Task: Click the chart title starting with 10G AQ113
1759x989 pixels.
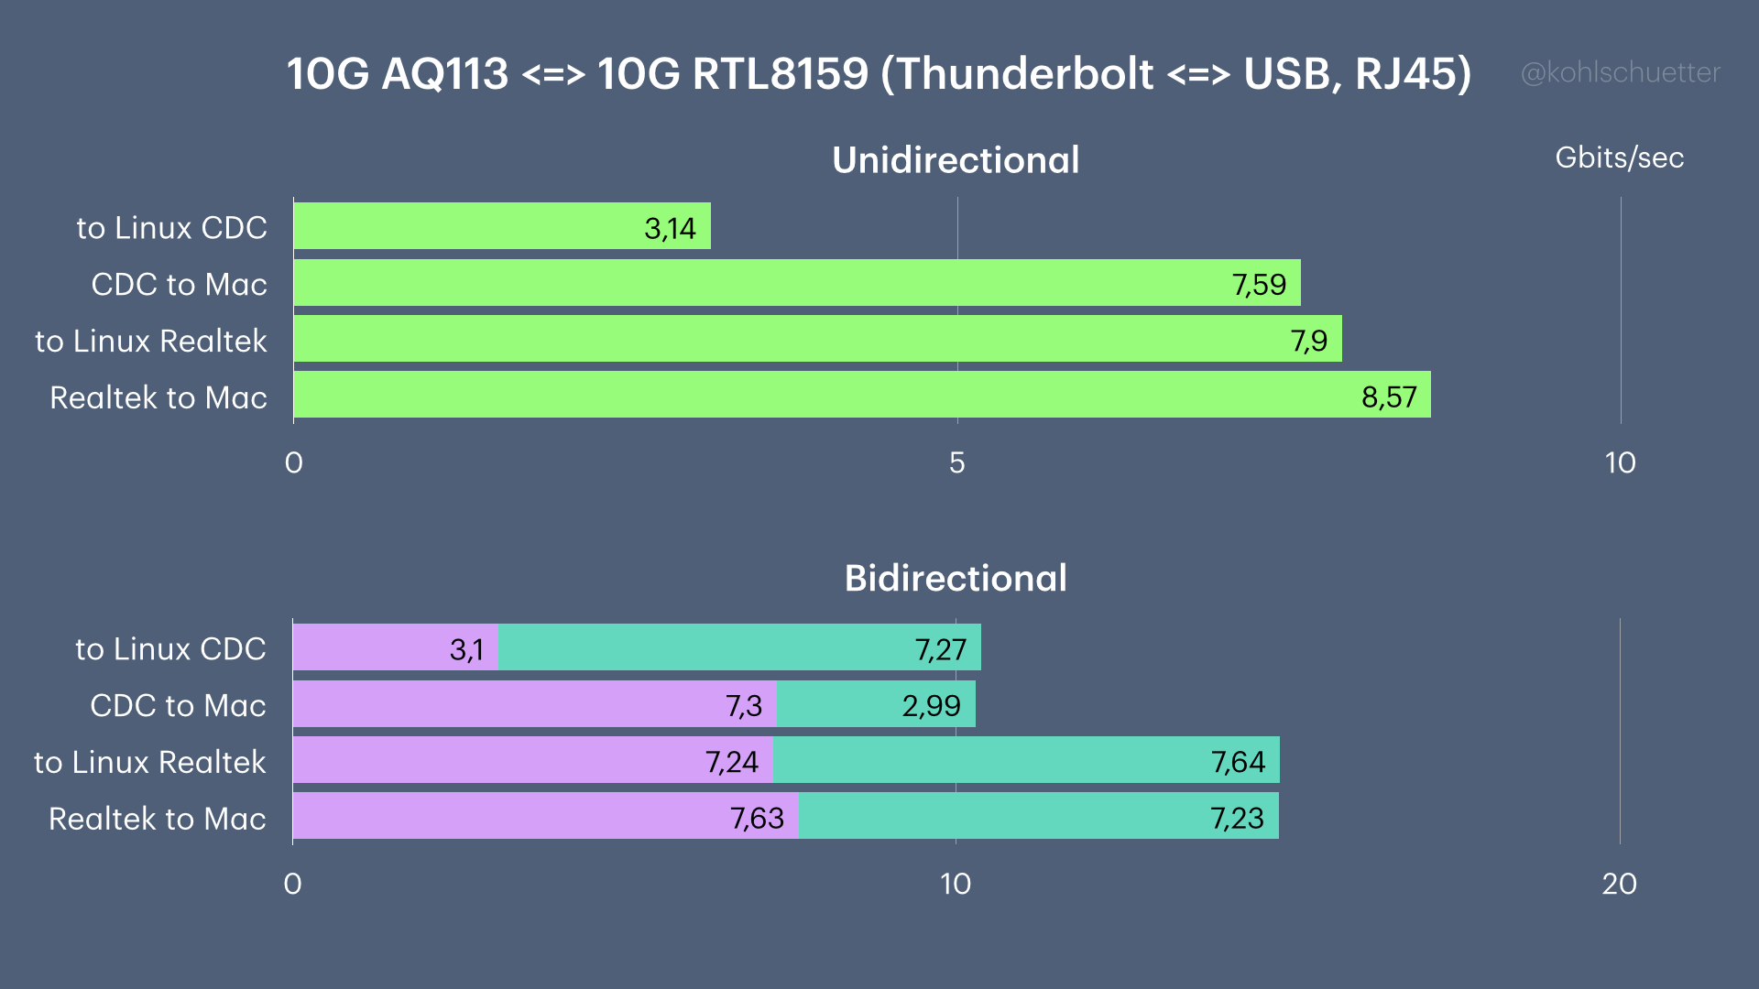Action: pos(879,74)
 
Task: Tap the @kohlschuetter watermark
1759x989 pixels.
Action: pos(1620,72)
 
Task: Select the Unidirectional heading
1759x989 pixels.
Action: pos(956,160)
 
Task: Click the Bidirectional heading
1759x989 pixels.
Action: pos(956,578)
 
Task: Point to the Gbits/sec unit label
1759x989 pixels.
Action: pos(1619,158)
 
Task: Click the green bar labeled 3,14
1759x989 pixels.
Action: pos(502,226)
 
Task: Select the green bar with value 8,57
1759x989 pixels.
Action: pos(862,395)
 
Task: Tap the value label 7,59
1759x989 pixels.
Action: pos(1259,285)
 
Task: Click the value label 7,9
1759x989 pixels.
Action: pos(1308,341)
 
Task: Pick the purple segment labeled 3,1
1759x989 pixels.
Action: pos(395,647)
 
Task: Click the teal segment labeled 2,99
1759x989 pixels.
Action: pos(876,704)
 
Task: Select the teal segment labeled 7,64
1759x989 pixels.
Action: pos(1026,760)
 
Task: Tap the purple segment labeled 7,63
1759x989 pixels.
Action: pos(546,816)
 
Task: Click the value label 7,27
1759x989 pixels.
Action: pos(941,649)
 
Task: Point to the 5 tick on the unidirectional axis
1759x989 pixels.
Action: pos(956,462)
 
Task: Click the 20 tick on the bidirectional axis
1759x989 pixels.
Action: pos(1619,884)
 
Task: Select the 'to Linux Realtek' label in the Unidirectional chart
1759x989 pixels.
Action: pos(150,341)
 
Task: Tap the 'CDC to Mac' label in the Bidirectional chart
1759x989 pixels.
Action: pos(178,705)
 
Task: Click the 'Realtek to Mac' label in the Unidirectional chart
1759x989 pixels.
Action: pos(158,397)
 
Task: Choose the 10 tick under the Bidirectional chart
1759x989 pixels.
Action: pos(955,884)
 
